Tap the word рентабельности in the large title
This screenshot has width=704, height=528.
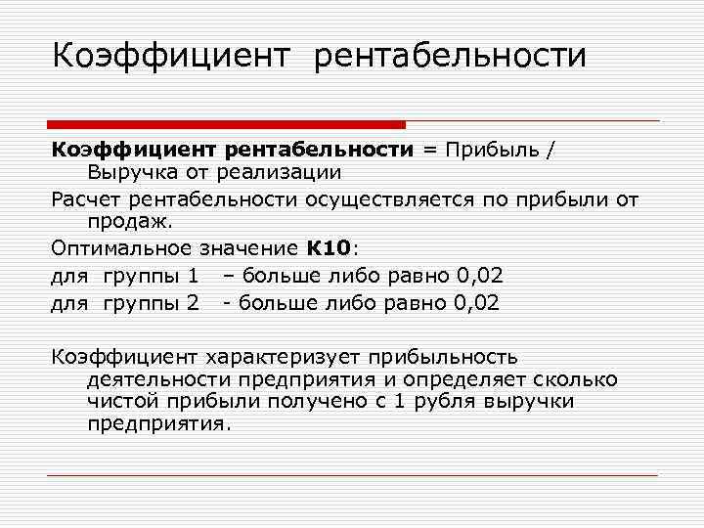pos(451,55)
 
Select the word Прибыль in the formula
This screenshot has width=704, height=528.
pos(493,150)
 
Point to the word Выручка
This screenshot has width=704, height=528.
pos(133,172)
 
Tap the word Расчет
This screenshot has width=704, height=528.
pos(87,200)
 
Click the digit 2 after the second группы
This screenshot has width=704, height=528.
pos(192,303)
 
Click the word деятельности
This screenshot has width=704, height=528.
pos(153,379)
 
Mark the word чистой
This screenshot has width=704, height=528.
pos(120,401)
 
